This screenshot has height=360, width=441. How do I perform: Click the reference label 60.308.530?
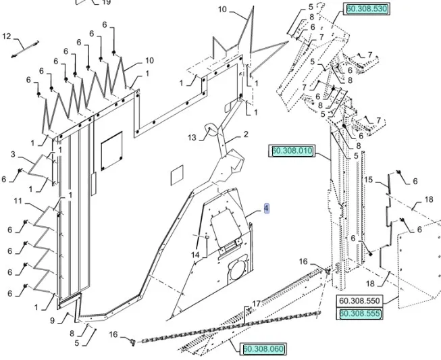[367, 9]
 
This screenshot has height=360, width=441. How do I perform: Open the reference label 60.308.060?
[263, 349]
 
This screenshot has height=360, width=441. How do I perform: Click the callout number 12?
[7, 36]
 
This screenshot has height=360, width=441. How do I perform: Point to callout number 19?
[106, 3]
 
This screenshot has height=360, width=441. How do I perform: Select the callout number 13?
[192, 138]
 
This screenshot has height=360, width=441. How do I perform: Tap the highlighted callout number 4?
[267, 209]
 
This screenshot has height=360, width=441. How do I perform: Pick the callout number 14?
[195, 255]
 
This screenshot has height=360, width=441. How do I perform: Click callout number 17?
[257, 304]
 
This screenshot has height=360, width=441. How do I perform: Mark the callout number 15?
[369, 180]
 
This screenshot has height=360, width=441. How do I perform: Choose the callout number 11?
[18, 201]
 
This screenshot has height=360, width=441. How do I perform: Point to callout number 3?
[13, 155]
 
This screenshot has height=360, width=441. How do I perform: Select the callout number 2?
[246, 135]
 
